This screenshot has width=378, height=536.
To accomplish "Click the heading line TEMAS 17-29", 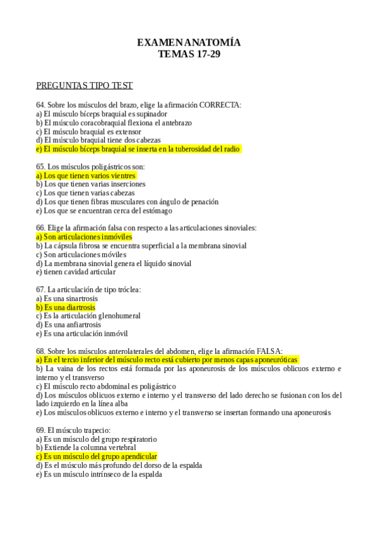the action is [189, 54].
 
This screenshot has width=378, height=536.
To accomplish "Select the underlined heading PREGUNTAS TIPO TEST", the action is [84, 85].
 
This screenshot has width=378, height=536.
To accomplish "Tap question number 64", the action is [40, 105].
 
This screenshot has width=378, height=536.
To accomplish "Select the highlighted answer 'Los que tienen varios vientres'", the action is [86, 175].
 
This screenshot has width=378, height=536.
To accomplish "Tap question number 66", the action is [40, 228].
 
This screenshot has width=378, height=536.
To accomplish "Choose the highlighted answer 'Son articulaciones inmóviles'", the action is [84, 236].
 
